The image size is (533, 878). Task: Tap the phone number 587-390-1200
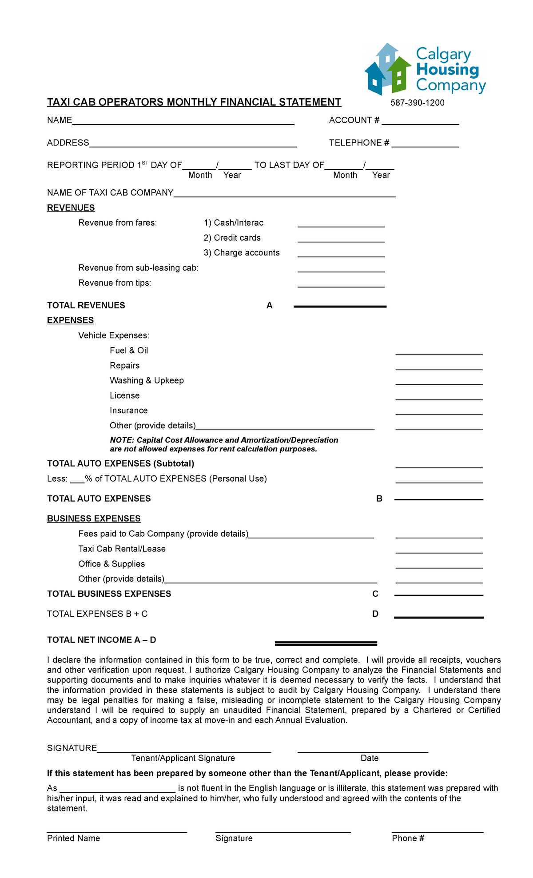tap(417, 103)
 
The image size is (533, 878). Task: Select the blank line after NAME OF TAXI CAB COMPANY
tap(284, 194)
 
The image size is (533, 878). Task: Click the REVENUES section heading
tap(71, 208)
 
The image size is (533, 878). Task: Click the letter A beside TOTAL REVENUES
tap(269, 306)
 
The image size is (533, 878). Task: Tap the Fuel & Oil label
tap(129, 351)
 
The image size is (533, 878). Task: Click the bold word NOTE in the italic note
tap(121, 440)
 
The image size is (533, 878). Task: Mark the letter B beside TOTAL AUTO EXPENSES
tap(379, 499)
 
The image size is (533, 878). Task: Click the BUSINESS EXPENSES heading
tap(94, 519)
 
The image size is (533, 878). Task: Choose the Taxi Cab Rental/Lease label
tap(122, 549)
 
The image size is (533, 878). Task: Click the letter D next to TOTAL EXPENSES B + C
tap(375, 614)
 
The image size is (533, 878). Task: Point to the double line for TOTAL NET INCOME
tap(326, 643)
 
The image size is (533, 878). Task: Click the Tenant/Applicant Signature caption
tap(183, 758)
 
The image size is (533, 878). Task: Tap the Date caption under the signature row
tap(370, 758)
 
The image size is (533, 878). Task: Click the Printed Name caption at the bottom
tap(73, 838)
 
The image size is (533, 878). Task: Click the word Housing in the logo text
tap(448, 70)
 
